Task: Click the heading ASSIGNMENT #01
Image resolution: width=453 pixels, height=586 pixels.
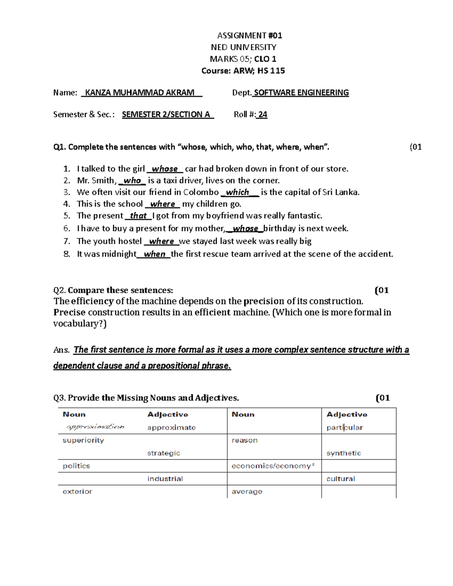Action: pyautogui.click(x=250, y=35)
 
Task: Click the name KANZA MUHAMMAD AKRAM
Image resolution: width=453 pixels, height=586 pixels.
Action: pyautogui.click(x=140, y=93)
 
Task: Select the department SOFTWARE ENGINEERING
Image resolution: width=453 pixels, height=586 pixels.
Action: pyautogui.click(x=301, y=93)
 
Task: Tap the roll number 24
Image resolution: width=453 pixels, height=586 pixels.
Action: pyautogui.click(x=263, y=115)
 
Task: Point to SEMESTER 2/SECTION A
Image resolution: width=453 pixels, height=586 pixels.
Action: pyautogui.click(x=166, y=115)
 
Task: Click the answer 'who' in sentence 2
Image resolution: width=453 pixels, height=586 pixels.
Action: pyautogui.click(x=132, y=181)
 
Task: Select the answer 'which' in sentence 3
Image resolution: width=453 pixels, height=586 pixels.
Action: pyautogui.click(x=237, y=192)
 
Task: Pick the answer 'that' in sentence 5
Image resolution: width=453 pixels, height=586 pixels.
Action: pyautogui.click(x=138, y=216)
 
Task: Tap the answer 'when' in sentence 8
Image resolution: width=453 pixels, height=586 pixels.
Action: pyautogui.click(x=155, y=254)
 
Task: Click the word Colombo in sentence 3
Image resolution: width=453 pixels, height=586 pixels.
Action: pyautogui.click(x=201, y=192)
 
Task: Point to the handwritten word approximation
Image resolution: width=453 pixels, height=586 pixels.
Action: pyautogui.click(x=95, y=427)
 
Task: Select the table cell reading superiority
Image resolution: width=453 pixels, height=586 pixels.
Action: pyautogui.click(x=83, y=440)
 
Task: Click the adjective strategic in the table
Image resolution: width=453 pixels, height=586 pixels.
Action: pyautogui.click(x=163, y=453)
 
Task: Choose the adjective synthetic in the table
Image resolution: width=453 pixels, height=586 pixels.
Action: pyautogui.click(x=344, y=453)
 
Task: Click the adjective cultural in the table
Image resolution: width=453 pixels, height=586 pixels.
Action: pyautogui.click(x=341, y=479)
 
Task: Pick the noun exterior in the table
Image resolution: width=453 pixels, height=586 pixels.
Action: pyautogui.click(x=77, y=492)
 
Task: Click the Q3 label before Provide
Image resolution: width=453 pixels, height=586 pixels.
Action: pyautogui.click(x=60, y=398)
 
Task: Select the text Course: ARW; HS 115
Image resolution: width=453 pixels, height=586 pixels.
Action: pyautogui.click(x=243, y=71)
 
